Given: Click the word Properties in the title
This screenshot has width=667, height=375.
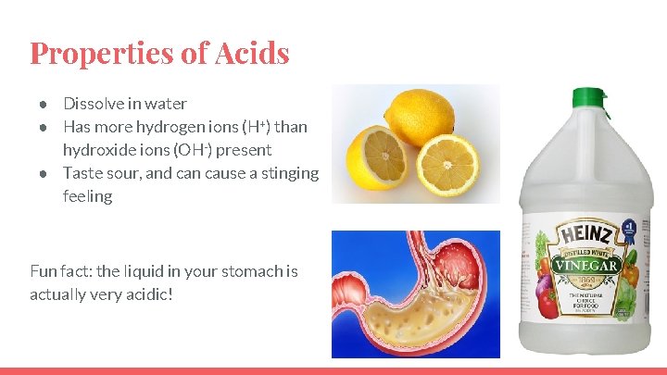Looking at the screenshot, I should coord(103,53).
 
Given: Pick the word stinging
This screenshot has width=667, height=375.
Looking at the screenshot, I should coord(282,173).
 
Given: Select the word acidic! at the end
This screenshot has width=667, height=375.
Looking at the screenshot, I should coord(149,294).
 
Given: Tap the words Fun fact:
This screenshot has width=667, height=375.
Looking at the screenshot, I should coord(60,271).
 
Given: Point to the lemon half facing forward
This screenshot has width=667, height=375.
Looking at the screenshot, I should coord(447,166).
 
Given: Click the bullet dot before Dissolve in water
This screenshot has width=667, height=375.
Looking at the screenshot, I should coord(43,104).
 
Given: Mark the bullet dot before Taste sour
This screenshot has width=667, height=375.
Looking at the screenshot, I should coord(43,173).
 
